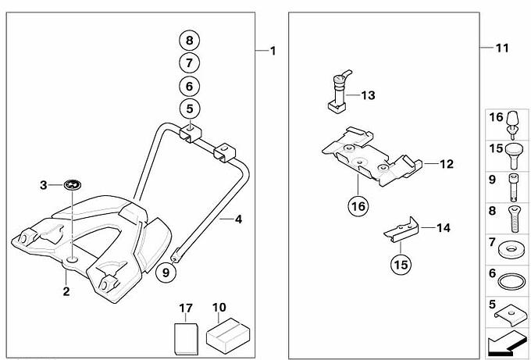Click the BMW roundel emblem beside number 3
72,185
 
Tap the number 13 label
369,95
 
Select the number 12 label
446,165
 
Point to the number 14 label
443,228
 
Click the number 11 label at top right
501,48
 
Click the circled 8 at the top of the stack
190,39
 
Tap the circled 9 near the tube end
165,272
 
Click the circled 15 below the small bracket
401,264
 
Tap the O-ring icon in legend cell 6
510,281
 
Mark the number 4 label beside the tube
237,219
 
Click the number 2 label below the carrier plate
66,292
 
